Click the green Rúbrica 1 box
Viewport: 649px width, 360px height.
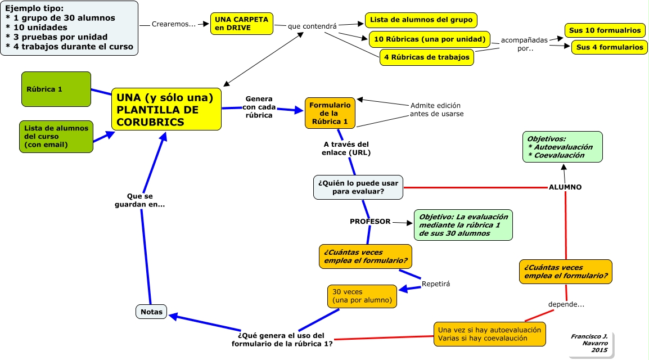point(56,89)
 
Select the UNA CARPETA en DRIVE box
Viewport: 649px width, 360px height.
point(242,24)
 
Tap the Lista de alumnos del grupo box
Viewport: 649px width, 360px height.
point(421,20)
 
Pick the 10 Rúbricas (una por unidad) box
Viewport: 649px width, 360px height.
point(430,39)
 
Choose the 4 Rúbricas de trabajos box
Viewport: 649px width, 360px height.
point(427,57)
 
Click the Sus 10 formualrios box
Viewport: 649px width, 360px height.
point(605,30)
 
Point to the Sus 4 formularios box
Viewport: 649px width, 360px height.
point(609,47)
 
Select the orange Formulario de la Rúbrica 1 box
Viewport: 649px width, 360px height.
point(330,113)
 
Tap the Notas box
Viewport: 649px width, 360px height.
point(151,312)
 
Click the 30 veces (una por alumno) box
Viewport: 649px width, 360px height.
point(362,296)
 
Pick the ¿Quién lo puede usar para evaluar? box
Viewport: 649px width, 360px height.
point(358,187)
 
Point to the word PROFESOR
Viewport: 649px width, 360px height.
point(370,222)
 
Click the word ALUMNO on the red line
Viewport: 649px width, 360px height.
point(565,187)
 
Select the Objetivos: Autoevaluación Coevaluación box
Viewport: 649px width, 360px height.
point(562,147)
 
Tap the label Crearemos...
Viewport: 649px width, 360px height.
point(173,24)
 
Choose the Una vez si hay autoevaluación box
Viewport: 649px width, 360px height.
point(490,334)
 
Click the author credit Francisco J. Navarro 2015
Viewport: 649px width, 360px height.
point(591,344)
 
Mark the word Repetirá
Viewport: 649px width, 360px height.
point(436,284)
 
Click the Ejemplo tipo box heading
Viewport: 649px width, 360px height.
point(34,8)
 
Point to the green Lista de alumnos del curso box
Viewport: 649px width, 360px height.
point(56,137)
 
